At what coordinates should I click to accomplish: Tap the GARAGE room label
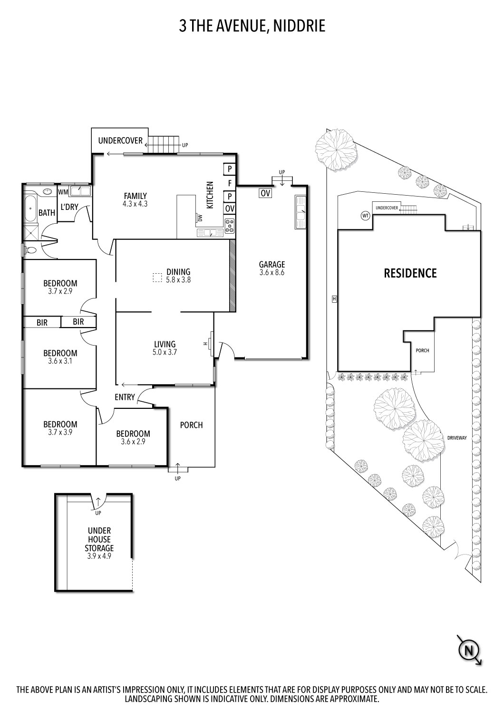coord(272,265)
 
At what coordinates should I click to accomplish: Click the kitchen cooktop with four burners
coord(230,225)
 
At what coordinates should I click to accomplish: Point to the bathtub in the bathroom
coord(29,208)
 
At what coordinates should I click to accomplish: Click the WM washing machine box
coord(63,192)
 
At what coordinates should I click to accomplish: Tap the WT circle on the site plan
coord(365,216)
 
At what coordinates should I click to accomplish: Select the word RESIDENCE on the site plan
coord(410,273)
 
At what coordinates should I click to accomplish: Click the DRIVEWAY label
coord(457,437)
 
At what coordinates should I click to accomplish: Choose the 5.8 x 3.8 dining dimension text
coord(178,280)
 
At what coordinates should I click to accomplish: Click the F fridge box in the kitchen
coord(230,182)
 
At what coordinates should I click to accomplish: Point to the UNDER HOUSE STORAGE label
coord(99,539)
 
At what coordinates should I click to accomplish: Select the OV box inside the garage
coord(265,193)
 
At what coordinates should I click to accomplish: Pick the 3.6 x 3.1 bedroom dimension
coord(60,361)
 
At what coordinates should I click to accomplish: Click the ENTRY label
coord(125,397)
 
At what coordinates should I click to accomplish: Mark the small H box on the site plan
coord(334,299)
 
